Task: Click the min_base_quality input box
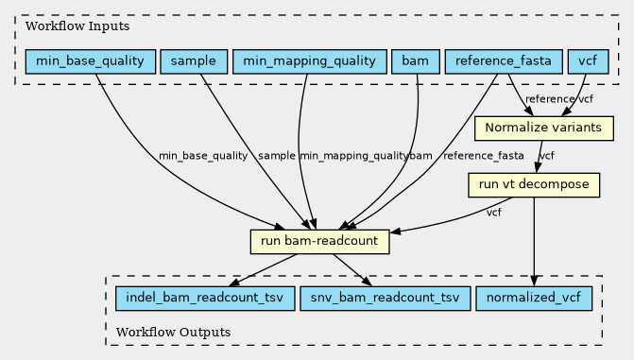91,61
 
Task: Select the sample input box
194,61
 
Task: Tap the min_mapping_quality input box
309,61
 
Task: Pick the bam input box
416,61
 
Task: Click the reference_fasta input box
504,61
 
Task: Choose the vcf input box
588,61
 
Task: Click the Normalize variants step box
544,129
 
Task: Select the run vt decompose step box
534,185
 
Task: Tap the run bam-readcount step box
319,242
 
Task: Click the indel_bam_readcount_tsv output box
205,299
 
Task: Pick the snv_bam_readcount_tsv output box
385,299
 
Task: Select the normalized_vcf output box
534,299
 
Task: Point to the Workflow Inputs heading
77,26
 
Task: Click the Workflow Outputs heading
174,332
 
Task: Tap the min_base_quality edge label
203,156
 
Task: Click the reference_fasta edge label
484,156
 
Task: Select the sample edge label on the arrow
277,156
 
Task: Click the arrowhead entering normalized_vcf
534,282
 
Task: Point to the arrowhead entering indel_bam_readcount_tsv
233,282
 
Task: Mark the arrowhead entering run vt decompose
538,168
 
